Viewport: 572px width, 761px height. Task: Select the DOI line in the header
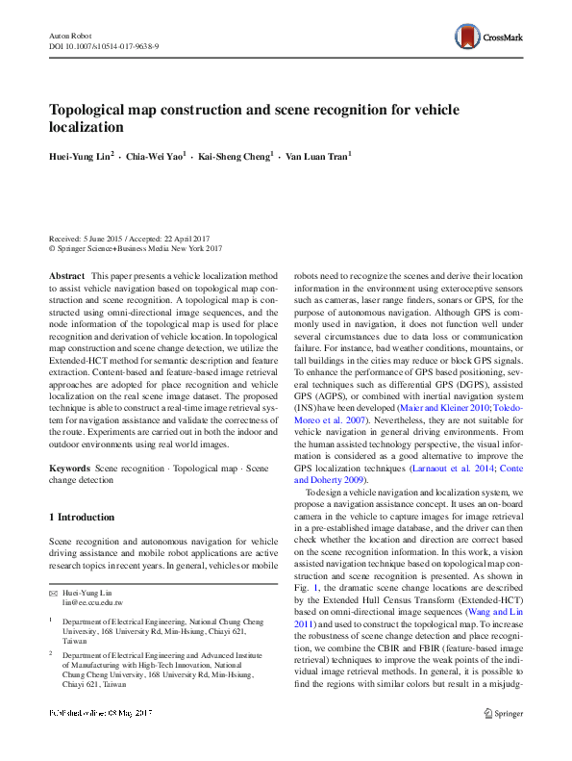point(104,45)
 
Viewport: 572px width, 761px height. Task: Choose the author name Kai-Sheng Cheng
point(235,155)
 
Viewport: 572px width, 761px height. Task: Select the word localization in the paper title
point(87,127)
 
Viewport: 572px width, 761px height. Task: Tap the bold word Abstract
point(65,275)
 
